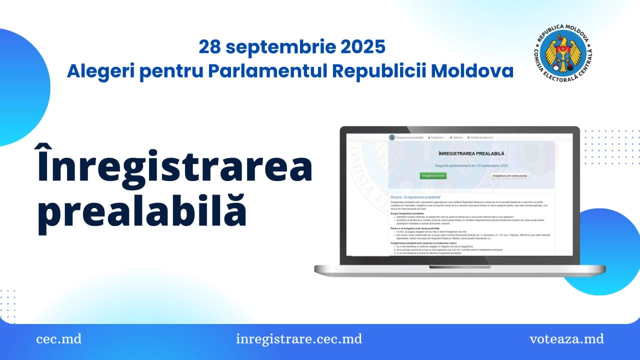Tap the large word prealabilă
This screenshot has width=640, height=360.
coord(142,211)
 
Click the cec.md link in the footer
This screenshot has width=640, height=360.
coord(58,339)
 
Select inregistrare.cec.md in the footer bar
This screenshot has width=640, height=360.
coord(299,339)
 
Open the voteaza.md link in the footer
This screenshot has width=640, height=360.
coord(566,339)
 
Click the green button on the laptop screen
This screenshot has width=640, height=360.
coord(433,176)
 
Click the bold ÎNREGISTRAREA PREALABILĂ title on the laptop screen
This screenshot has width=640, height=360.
coord(471,153)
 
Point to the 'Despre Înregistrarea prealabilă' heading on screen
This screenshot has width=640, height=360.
coord(419,197)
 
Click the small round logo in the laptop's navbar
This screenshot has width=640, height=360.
coord(392,137)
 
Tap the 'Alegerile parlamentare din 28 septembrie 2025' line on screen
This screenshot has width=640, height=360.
coord(471,165)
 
